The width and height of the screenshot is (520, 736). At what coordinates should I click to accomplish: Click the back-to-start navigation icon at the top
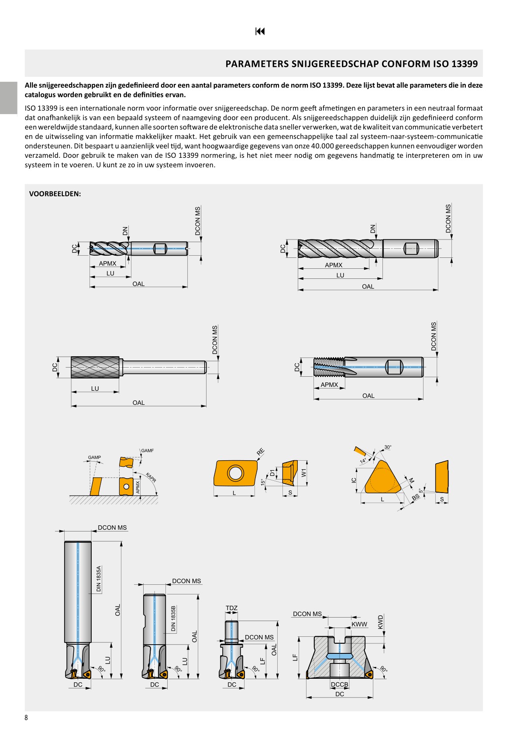260,31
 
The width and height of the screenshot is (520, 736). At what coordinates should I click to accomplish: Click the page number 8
26,718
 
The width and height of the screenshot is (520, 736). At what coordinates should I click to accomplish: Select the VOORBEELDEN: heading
55,194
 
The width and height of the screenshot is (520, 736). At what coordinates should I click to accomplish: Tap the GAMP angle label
94,458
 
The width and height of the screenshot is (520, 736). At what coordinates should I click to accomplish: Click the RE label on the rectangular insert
261,452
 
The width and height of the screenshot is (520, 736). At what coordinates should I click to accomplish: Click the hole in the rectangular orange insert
235,473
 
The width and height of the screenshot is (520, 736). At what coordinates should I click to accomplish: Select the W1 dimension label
304,472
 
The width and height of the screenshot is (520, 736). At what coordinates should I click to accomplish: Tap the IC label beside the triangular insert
354,480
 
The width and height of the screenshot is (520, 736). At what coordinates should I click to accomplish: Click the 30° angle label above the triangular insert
388,447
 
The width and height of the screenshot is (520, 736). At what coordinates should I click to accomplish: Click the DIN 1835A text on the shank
99,579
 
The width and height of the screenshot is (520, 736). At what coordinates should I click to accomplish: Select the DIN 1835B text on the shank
173,618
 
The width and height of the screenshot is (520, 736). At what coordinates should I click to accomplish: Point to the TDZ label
231,608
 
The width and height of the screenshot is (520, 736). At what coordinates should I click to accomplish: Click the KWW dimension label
359,624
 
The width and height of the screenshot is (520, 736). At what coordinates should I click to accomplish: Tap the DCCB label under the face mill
339,684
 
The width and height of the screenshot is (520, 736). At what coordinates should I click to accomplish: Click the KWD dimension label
380,622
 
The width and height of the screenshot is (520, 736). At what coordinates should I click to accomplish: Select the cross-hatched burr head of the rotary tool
95,367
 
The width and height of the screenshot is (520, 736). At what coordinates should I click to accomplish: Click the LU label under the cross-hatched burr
95,389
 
